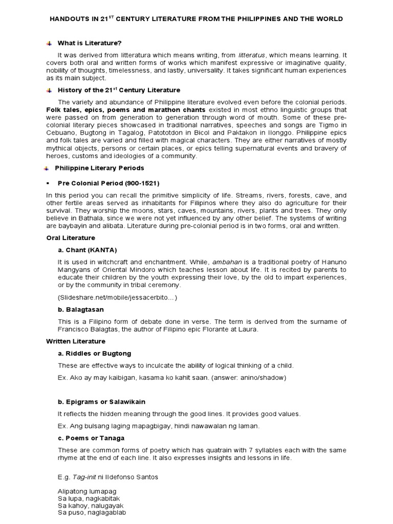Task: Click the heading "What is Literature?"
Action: coord(90,43)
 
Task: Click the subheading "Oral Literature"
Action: coord(71,238)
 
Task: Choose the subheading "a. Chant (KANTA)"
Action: coord(88,250)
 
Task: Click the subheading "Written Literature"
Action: coord(76,341)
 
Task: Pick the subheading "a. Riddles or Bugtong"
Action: coord(95,354)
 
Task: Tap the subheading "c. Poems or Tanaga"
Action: coord(91,438)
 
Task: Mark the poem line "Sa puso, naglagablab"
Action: coord(92,512)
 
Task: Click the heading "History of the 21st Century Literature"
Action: coord(119,90)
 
